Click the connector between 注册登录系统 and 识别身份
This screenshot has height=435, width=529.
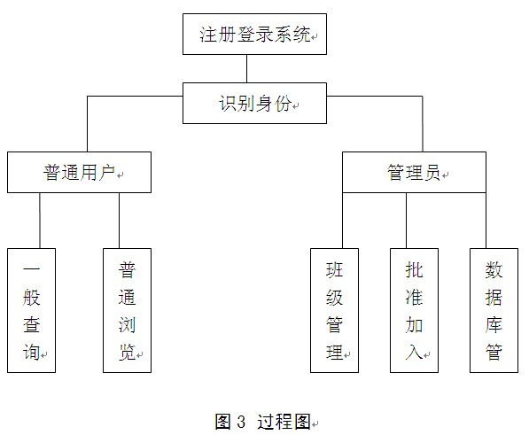(246, 69)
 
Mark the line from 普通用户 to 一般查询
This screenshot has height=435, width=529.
(40, 221)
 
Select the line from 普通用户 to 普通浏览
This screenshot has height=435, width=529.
(119, 221)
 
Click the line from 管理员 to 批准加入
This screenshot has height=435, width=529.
(406, 221)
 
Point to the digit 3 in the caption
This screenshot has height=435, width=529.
(241, 422)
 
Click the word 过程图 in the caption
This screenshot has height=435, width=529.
(284, 422)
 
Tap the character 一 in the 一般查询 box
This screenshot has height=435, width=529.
(31, 269)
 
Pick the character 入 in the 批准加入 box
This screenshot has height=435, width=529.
(414, 353)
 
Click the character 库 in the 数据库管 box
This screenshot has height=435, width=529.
(494, 325)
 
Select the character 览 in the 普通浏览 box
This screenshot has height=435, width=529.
(128, 353)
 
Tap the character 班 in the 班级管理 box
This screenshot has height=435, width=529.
(334, 269)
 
